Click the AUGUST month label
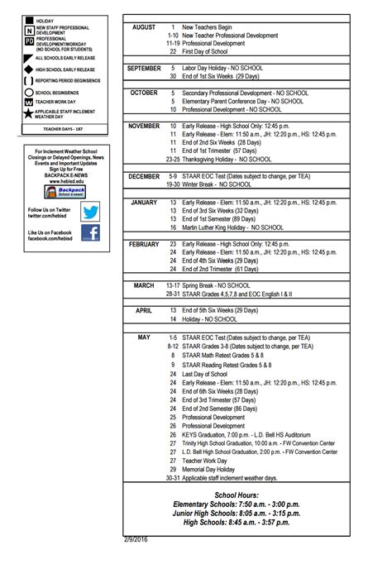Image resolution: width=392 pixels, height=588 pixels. (x=144, y=27)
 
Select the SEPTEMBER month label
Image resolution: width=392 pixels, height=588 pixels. (x=144, y=68)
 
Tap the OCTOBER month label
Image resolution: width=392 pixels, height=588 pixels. (x=144, y=93)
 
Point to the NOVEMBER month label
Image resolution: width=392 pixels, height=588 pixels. (x=144, y=126)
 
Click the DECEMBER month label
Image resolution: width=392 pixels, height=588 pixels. (x=144, y=176)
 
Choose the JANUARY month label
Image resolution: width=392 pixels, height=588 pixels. (x=144, y=202)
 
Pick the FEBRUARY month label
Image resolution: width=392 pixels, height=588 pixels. (x=144, y=244)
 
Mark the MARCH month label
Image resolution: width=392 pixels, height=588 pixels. (x=144, y=285)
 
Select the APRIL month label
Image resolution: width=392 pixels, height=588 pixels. (x=144, y=310)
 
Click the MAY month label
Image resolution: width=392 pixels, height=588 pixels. (x=144, y=337)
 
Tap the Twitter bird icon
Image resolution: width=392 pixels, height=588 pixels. (x=89, y=211)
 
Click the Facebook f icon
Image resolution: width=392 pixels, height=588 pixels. (x=89, y=234)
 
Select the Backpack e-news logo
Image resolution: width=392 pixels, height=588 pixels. (x=60, y=192)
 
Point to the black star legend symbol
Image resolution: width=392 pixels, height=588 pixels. (x=30, y=114)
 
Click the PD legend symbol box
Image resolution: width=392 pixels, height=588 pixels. (x=30, y=41)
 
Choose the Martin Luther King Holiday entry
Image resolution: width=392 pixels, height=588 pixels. (x=232, y=227)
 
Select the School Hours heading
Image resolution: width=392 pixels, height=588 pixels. (x=237, y=495)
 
